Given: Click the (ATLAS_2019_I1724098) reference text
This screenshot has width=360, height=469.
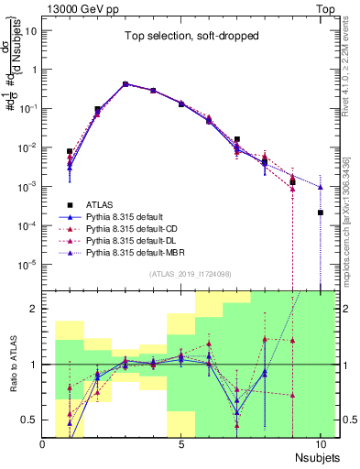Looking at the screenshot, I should pos(191,273).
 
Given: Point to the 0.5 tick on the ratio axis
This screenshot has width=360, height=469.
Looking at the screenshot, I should pos(31,420).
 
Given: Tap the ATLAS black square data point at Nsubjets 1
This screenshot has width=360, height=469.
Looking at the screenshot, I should pos(70,151).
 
